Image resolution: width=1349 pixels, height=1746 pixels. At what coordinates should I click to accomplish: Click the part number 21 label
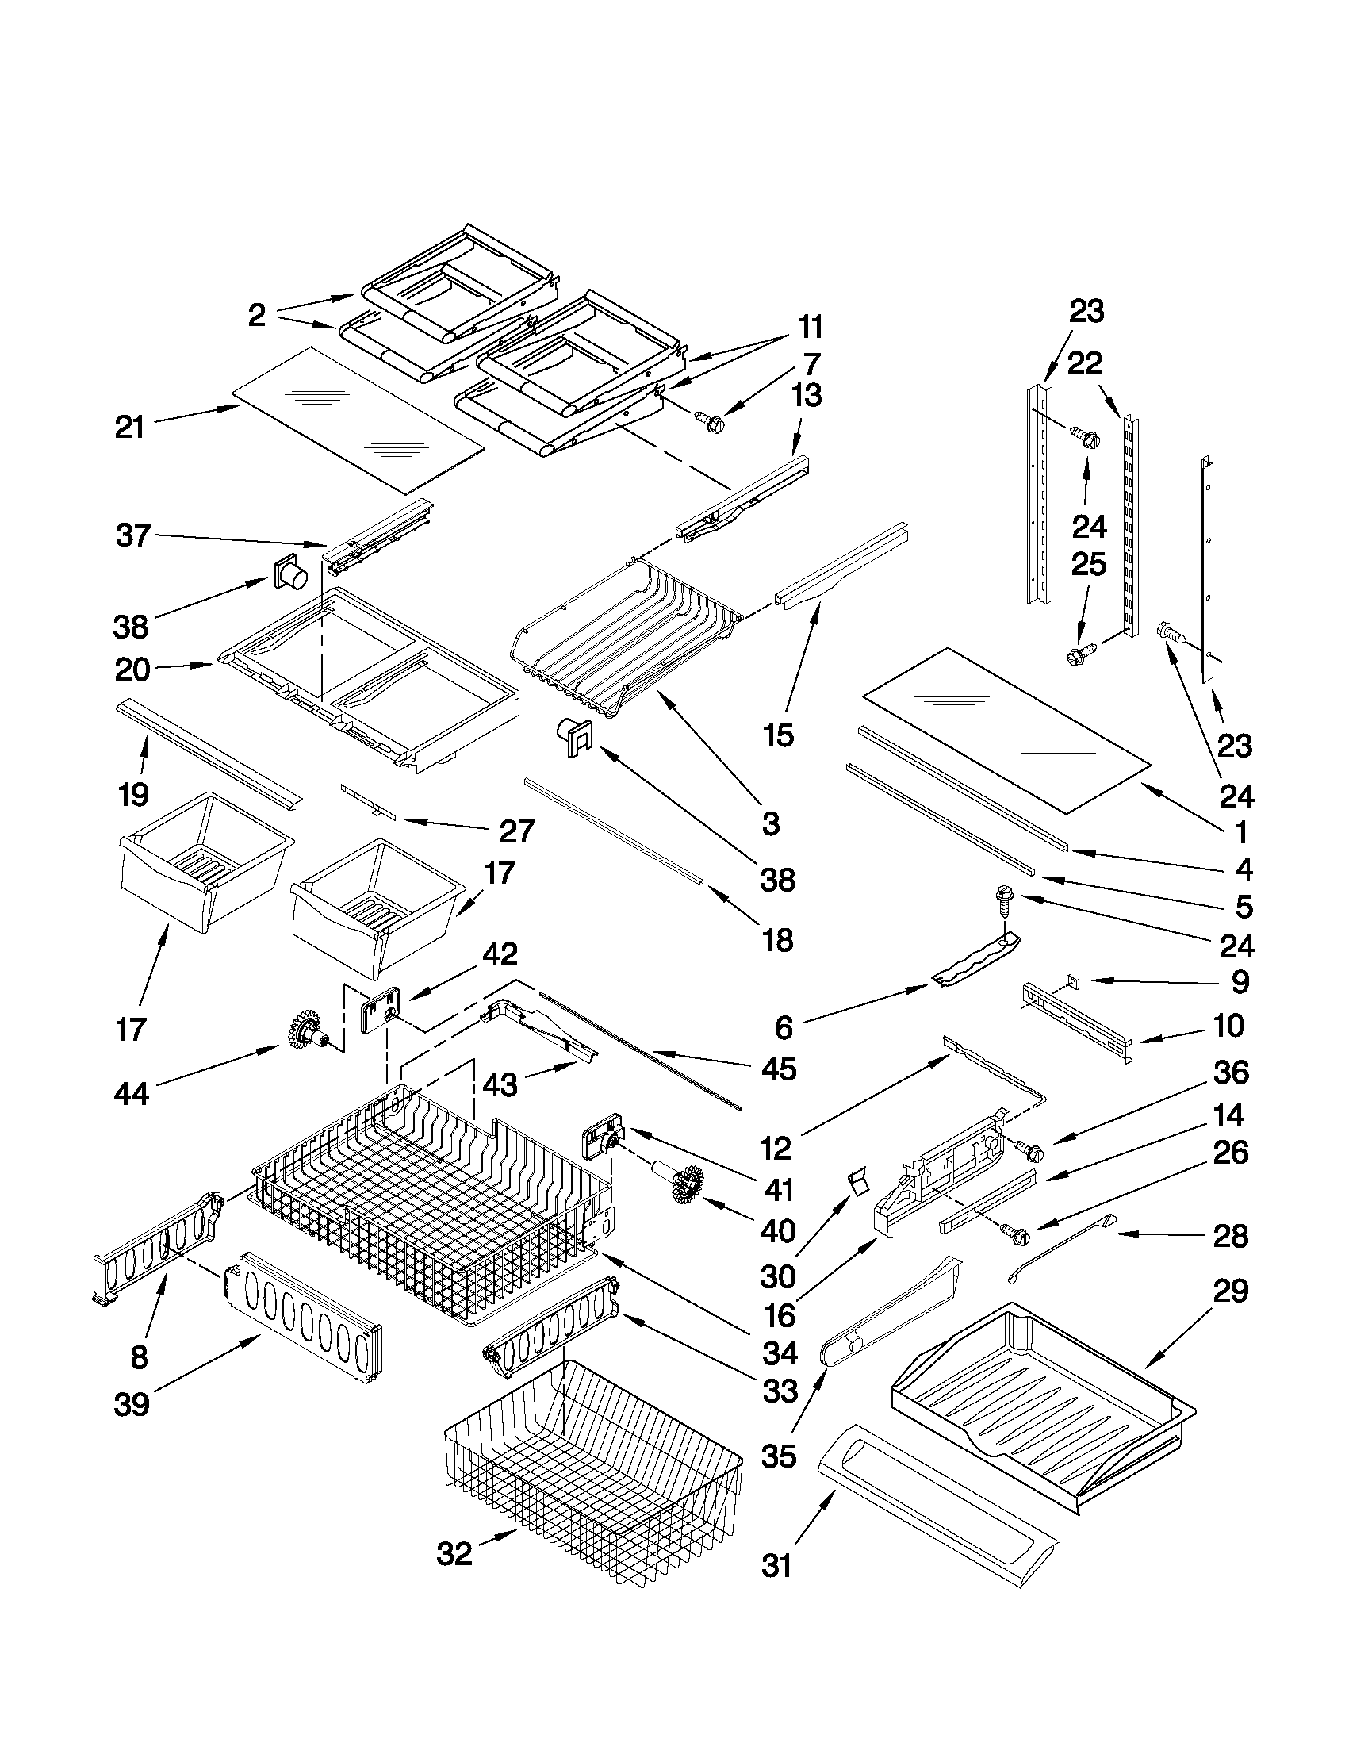pos(129,428)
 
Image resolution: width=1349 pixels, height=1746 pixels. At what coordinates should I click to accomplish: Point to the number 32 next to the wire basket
pos(454,1554)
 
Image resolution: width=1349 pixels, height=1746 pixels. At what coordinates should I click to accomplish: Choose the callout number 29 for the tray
pos(1231,1291)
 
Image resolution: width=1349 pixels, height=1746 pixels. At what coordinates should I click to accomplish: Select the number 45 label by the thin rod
pos(779,1069)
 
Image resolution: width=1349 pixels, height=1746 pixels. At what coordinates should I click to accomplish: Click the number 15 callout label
pos(779,735)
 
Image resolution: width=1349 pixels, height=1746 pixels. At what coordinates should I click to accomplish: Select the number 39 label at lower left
pos(131,1404)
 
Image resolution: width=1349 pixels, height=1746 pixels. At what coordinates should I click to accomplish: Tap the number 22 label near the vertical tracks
pos(1084,364)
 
